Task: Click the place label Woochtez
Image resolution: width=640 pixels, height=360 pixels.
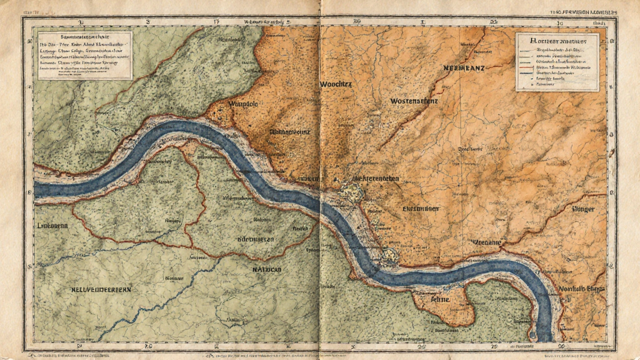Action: coord(335,84)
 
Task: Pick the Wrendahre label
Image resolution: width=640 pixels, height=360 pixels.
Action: coord(485,242)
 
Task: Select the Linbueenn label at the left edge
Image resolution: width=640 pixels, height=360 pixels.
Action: coord(52,225)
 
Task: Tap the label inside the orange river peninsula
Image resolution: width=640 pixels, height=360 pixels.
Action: coord(440,299)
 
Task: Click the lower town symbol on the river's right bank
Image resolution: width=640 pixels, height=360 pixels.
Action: coord(389,256)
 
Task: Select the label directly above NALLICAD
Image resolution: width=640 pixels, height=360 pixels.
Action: coord(255,239)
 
